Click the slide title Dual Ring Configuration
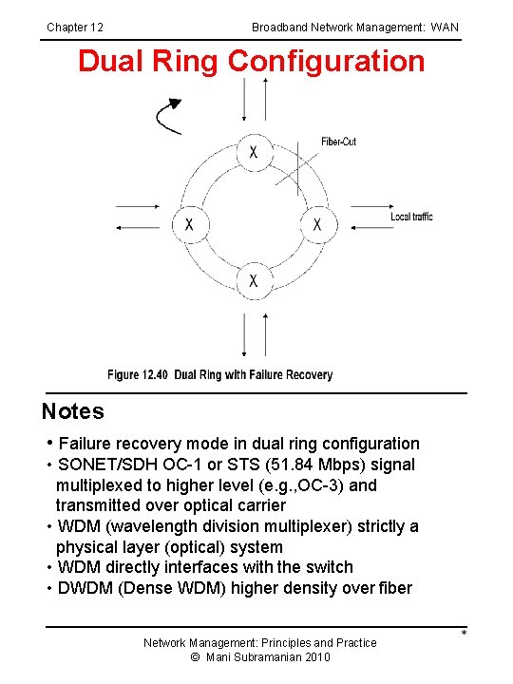pyautogui.click(x=251, y=62)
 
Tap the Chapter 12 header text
pyautogui.click(x=75, y=28)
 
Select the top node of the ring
pyautogui.click(x=253, y=152)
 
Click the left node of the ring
pyautogui.click(x=189, y=224)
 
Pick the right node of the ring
pyautogui.click(x=317, y=224)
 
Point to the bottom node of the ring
pyautogui.click(x=253, y=280)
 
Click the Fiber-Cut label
pyautogui.click(x=339, y=142)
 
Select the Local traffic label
pyautogui.click(x=411, y=217)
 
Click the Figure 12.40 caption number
pyautogui.click(x=138, y=375)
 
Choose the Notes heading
pyautogui.click(x=73, y=411)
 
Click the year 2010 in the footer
pyautogui.click(x=315, y=657)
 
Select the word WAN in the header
pyautogui.click(x=445, y=28)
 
